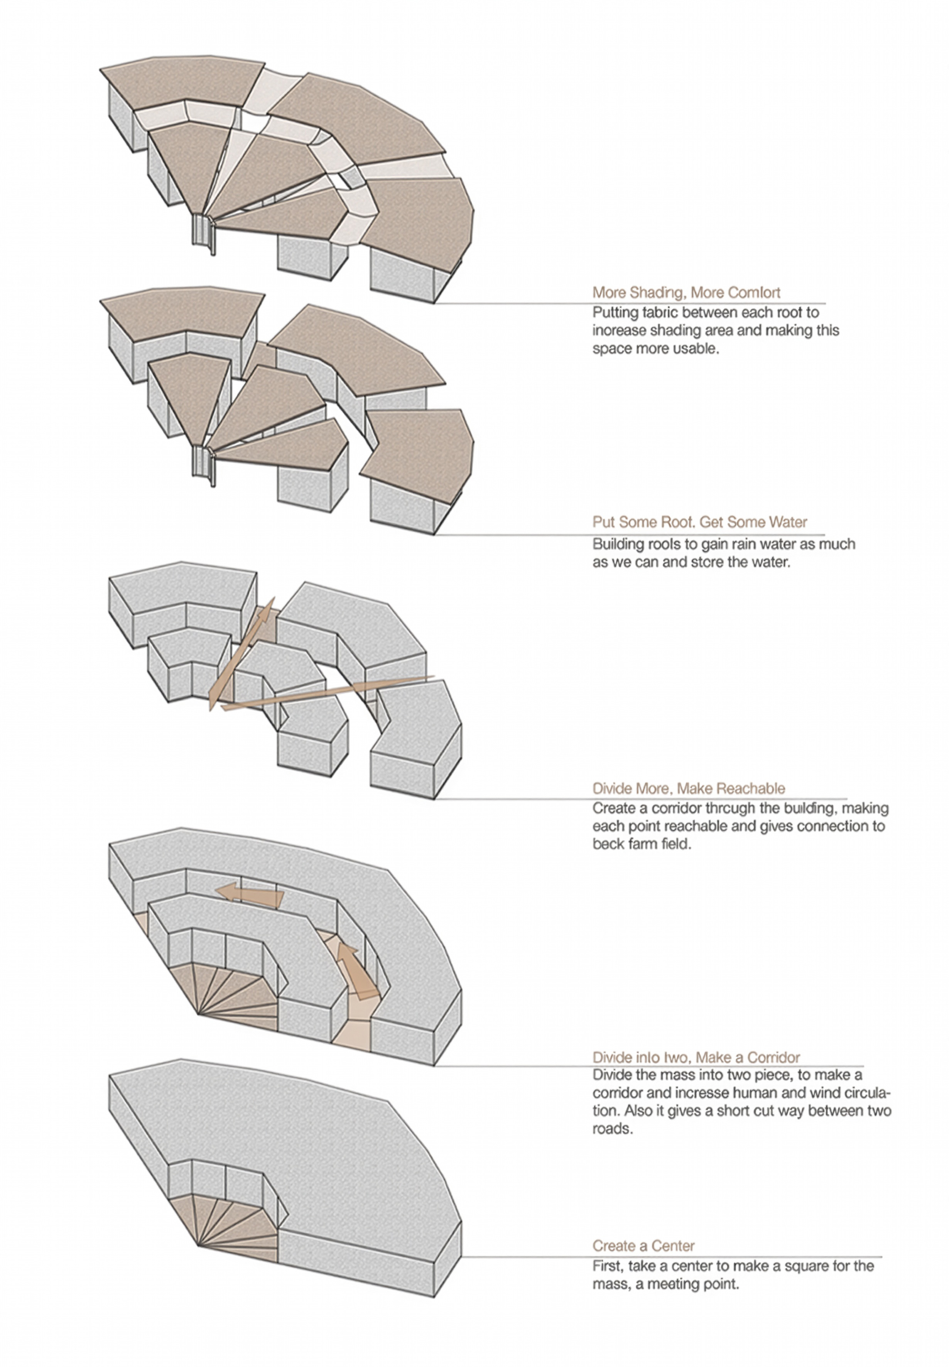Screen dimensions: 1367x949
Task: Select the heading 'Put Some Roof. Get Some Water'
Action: pos(699,522)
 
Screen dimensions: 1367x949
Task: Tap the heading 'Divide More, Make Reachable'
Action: pos(688,788)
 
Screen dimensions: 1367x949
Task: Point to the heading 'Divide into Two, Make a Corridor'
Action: pos(696,1057)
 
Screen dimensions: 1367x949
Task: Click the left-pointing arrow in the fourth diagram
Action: pos(250,894)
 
